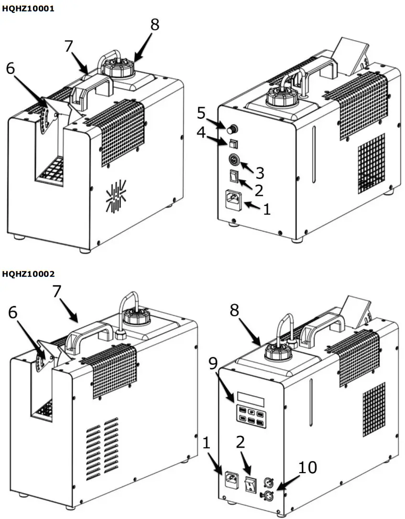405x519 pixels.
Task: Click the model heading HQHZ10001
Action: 28,9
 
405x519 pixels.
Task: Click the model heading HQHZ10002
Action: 28,274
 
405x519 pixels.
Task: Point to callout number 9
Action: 213,363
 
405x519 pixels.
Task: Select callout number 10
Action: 308,467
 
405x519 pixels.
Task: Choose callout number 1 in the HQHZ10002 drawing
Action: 206,443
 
